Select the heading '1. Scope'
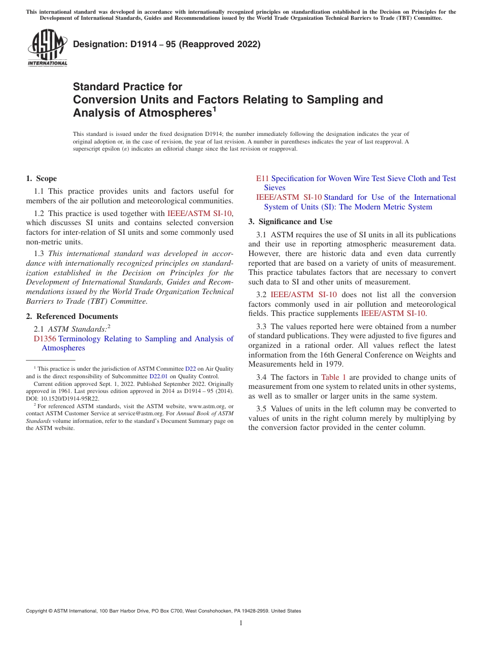pos(42,178)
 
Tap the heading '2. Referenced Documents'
pos(72,316)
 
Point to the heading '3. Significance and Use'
pos(290,222)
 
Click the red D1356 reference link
pos(45,339)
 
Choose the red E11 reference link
pos(262,178)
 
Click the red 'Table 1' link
pos(333,377)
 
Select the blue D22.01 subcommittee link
pos(158,376)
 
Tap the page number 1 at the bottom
pos(241,623)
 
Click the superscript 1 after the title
pos(215,109)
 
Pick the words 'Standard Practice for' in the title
pos(127,87)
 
